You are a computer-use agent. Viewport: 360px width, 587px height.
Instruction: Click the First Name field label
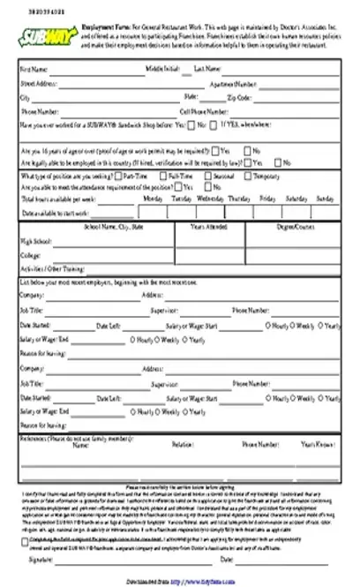pyautogui.click(x=34, y=68)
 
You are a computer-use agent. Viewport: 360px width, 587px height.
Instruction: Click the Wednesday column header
pyautogui.click(x=210, y=199)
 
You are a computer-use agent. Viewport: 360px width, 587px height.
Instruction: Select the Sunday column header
pyautogui.click(x=325, y=199)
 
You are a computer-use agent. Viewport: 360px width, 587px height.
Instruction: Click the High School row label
pyautogui.click(x=36, y=240)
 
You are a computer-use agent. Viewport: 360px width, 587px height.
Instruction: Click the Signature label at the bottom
pyautogui.click(x=40, y=560)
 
